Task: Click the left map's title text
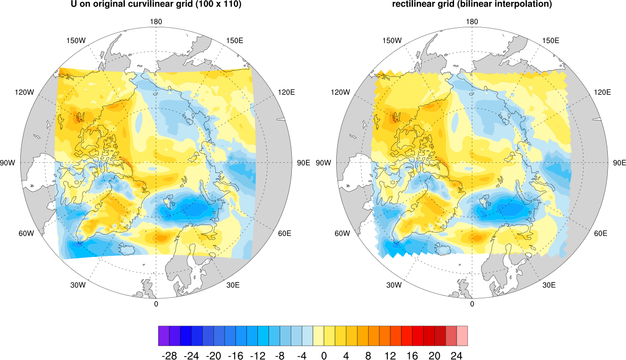156,5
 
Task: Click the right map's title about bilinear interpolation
472,5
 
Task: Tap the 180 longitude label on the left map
156,22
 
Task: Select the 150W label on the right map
392,40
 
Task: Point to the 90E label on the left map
303,163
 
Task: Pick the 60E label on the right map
601,233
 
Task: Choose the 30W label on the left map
78,285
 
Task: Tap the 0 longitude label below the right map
472,304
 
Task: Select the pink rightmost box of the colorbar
462,335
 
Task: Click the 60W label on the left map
26,233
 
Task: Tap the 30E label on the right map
549,285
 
